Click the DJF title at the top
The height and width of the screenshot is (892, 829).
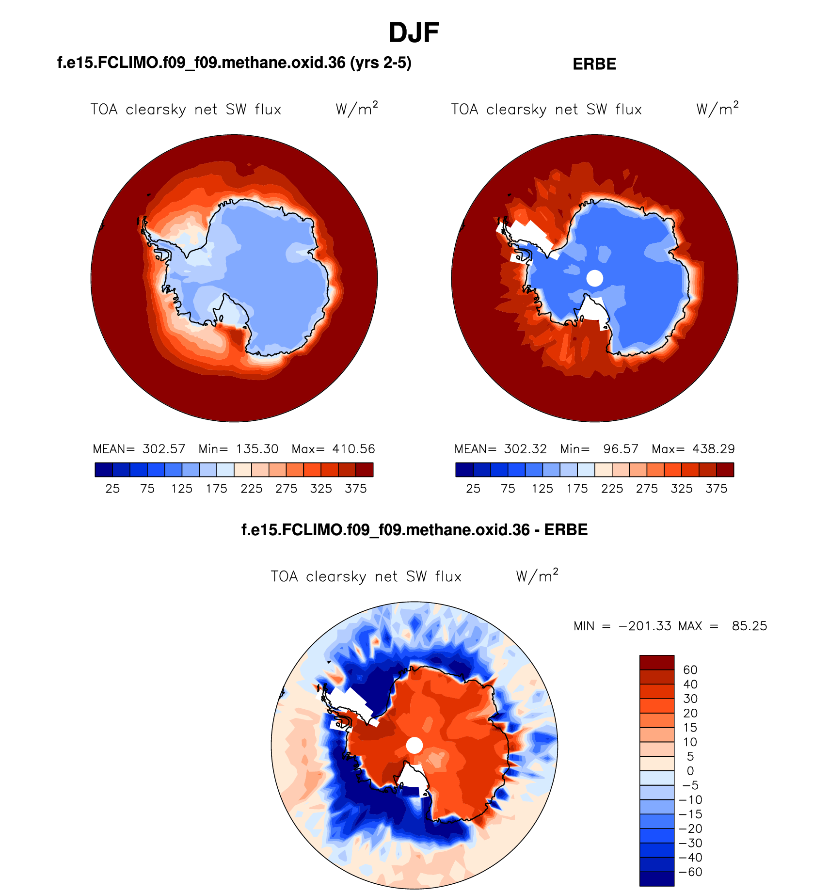(414, 33)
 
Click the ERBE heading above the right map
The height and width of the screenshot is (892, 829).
(594, 64)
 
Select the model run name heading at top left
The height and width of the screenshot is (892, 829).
(234, 63)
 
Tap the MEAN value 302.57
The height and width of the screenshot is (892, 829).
(164, 449)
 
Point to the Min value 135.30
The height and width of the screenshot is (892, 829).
(257, 449)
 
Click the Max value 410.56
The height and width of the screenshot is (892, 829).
(353, 449)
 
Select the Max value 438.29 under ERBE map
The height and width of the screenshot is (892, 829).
(714, 449)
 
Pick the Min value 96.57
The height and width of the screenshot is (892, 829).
(621, 449)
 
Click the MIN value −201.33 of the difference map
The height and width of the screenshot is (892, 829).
(645, 626)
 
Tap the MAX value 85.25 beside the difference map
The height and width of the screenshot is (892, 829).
(749, 626)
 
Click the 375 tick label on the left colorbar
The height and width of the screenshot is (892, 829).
(355, 489)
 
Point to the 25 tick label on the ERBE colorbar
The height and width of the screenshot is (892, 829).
(473, 489)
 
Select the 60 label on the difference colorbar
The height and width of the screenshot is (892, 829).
(690, 670)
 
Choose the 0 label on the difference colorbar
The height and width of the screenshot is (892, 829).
(690, 771)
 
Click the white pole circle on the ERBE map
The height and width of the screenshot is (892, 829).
(595, 278)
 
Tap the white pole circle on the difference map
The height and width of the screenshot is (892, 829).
(414, 745)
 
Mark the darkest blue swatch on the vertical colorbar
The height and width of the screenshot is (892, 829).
(656, 879)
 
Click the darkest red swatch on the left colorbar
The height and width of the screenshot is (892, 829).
(364, 470)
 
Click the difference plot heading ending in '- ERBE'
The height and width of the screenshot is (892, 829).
(414, 529)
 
